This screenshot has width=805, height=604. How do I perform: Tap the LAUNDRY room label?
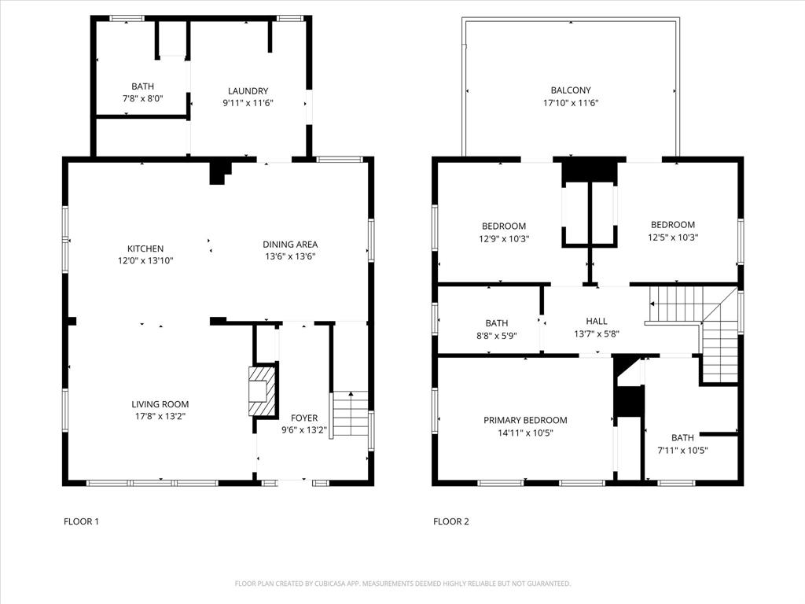tap(248, 91)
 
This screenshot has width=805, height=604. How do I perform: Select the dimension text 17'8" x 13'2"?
tap(160, 416)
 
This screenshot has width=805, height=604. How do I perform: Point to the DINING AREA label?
tap(290, 245)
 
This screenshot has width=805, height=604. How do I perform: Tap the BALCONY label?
tap(571, 91)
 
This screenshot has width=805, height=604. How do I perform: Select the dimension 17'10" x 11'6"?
tap(571, 103)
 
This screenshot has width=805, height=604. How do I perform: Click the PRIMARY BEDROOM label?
tap(525, 421)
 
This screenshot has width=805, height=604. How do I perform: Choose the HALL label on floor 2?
tap(597, 322)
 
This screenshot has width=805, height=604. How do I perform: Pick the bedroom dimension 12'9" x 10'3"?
tap(504, 238)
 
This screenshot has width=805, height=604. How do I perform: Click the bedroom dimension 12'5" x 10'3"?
tap(672, 237)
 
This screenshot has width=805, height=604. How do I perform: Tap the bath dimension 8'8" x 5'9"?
tap(496, 335)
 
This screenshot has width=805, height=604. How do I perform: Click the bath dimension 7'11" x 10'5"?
tap(682, 450)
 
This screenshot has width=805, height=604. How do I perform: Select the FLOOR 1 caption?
tap(81, 521)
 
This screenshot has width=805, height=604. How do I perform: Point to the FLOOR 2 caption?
tap(450, 521)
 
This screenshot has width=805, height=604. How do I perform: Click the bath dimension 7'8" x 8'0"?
tap(142, 98)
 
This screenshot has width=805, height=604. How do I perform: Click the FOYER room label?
tap(304, 418)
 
